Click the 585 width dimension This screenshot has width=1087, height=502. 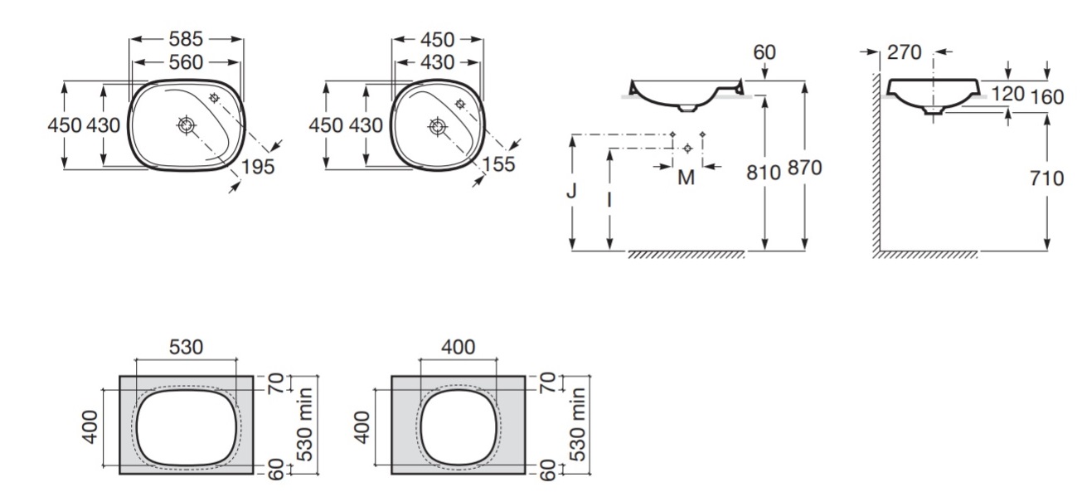186,39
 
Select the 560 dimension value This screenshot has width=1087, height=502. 186,62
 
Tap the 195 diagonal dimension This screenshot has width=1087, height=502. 258,167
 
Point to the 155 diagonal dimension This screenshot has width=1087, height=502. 498,164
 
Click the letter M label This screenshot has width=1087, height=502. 687,178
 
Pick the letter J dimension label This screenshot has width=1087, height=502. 571,191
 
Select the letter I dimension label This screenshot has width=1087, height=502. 609,199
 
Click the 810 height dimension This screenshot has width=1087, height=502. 764,173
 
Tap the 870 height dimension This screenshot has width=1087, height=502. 804,168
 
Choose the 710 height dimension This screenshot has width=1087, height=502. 1046,178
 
